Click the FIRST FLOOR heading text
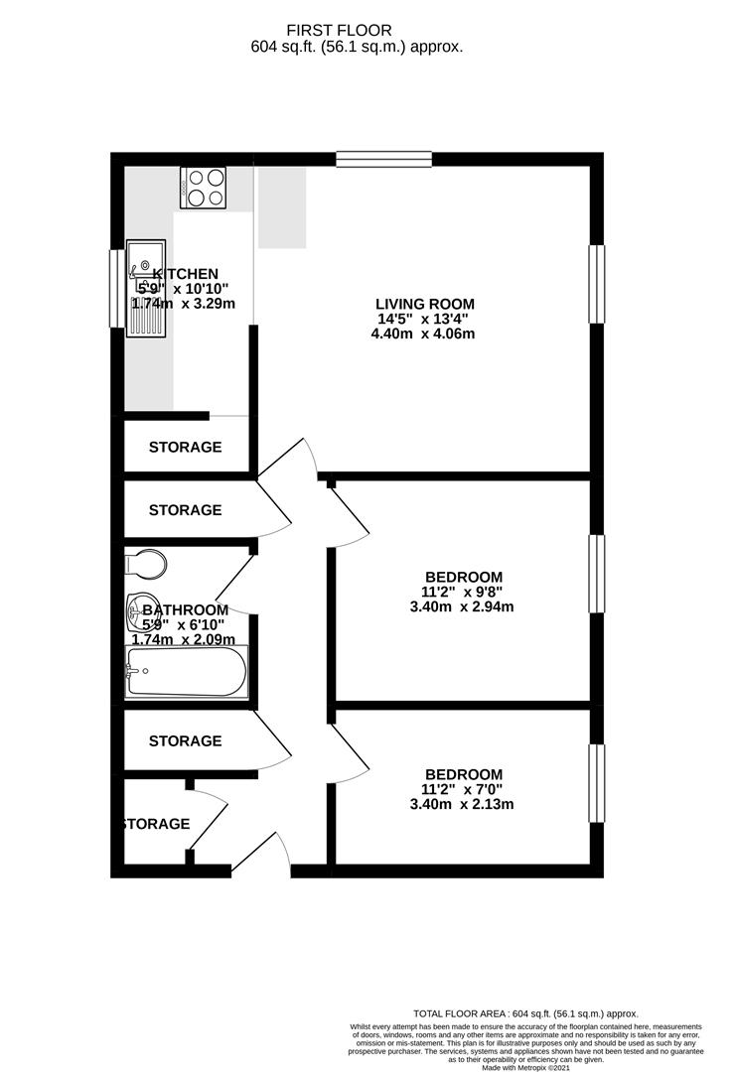[354, 31]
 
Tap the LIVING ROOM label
[424, 304]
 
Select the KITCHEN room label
[186, 274]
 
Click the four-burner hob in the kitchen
[203, 187]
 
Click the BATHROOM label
[185, 609]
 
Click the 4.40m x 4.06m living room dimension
[424, 334]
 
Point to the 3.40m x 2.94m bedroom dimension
[464, 606]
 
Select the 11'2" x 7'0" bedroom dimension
[464, 789]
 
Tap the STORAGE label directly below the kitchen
[185, 447]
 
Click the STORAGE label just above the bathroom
[185, 510]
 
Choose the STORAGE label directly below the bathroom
[185, 740]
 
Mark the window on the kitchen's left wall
[116, 287]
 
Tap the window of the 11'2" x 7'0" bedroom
[596, 783]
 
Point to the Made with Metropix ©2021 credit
[526, 1067]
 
